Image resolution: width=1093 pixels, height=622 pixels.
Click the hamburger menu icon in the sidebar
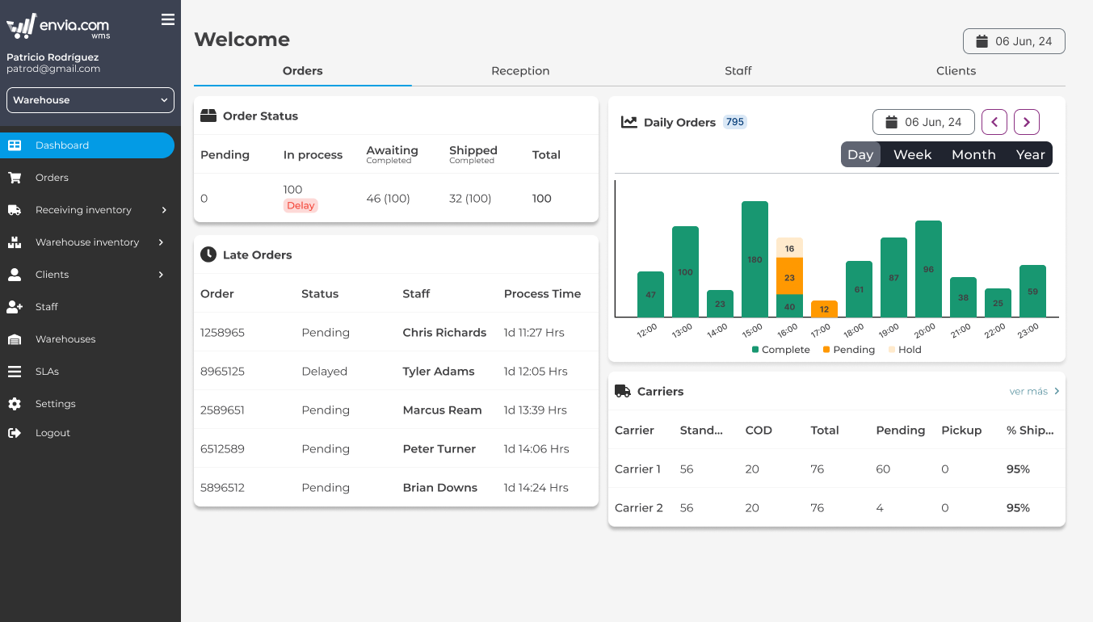[168, 19]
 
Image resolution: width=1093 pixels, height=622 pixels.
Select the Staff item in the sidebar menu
[47, 307]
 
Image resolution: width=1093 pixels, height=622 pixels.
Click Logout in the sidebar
[53, 433]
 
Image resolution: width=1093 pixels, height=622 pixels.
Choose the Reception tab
[520, 71]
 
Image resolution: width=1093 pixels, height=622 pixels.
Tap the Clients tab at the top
[956, 71]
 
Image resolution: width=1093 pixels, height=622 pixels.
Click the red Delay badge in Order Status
[301, 206]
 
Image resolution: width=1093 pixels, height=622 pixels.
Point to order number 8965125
[222, 372]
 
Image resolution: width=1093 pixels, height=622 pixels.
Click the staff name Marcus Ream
[442, 410]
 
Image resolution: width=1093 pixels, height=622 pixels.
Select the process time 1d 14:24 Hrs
[536, 488]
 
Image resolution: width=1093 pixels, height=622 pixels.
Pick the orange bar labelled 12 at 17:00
[824, 309]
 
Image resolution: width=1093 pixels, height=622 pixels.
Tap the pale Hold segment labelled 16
[789, 248]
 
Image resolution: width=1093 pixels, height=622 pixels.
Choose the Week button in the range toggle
[912, 155]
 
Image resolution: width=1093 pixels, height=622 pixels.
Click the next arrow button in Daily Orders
[1026, 122]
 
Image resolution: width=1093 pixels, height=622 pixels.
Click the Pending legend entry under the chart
[848, 350]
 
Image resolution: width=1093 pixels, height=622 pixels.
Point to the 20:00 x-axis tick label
[925, 330]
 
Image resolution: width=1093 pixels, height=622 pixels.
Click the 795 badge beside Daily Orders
[734, 122]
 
